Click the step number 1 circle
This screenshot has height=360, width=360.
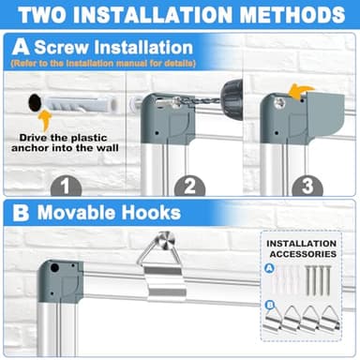tap(66, 186)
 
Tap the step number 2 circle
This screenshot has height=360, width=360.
tap(189, 186)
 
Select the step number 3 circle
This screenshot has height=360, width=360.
tap(307, 186)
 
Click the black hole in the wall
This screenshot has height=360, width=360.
tap(35, 102)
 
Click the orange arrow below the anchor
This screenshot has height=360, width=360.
tap(45, 120)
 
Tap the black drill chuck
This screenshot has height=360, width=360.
tap(232, 93)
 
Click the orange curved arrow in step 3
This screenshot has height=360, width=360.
tap(301, 91)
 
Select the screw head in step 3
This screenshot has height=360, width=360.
tap(279, 103)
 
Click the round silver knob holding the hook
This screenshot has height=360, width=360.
tap(168, 239)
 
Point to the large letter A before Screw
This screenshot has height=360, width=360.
tap(21, 48)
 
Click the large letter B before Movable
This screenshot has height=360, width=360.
tap(21, 213)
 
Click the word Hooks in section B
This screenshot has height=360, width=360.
tap(151, 213)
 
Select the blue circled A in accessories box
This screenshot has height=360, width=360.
tap(269, 268)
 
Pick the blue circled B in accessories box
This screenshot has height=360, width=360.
tap(271, 305)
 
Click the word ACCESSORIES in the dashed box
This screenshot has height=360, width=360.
tap(303, 254)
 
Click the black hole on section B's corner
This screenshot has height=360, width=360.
tap(54, 267)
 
